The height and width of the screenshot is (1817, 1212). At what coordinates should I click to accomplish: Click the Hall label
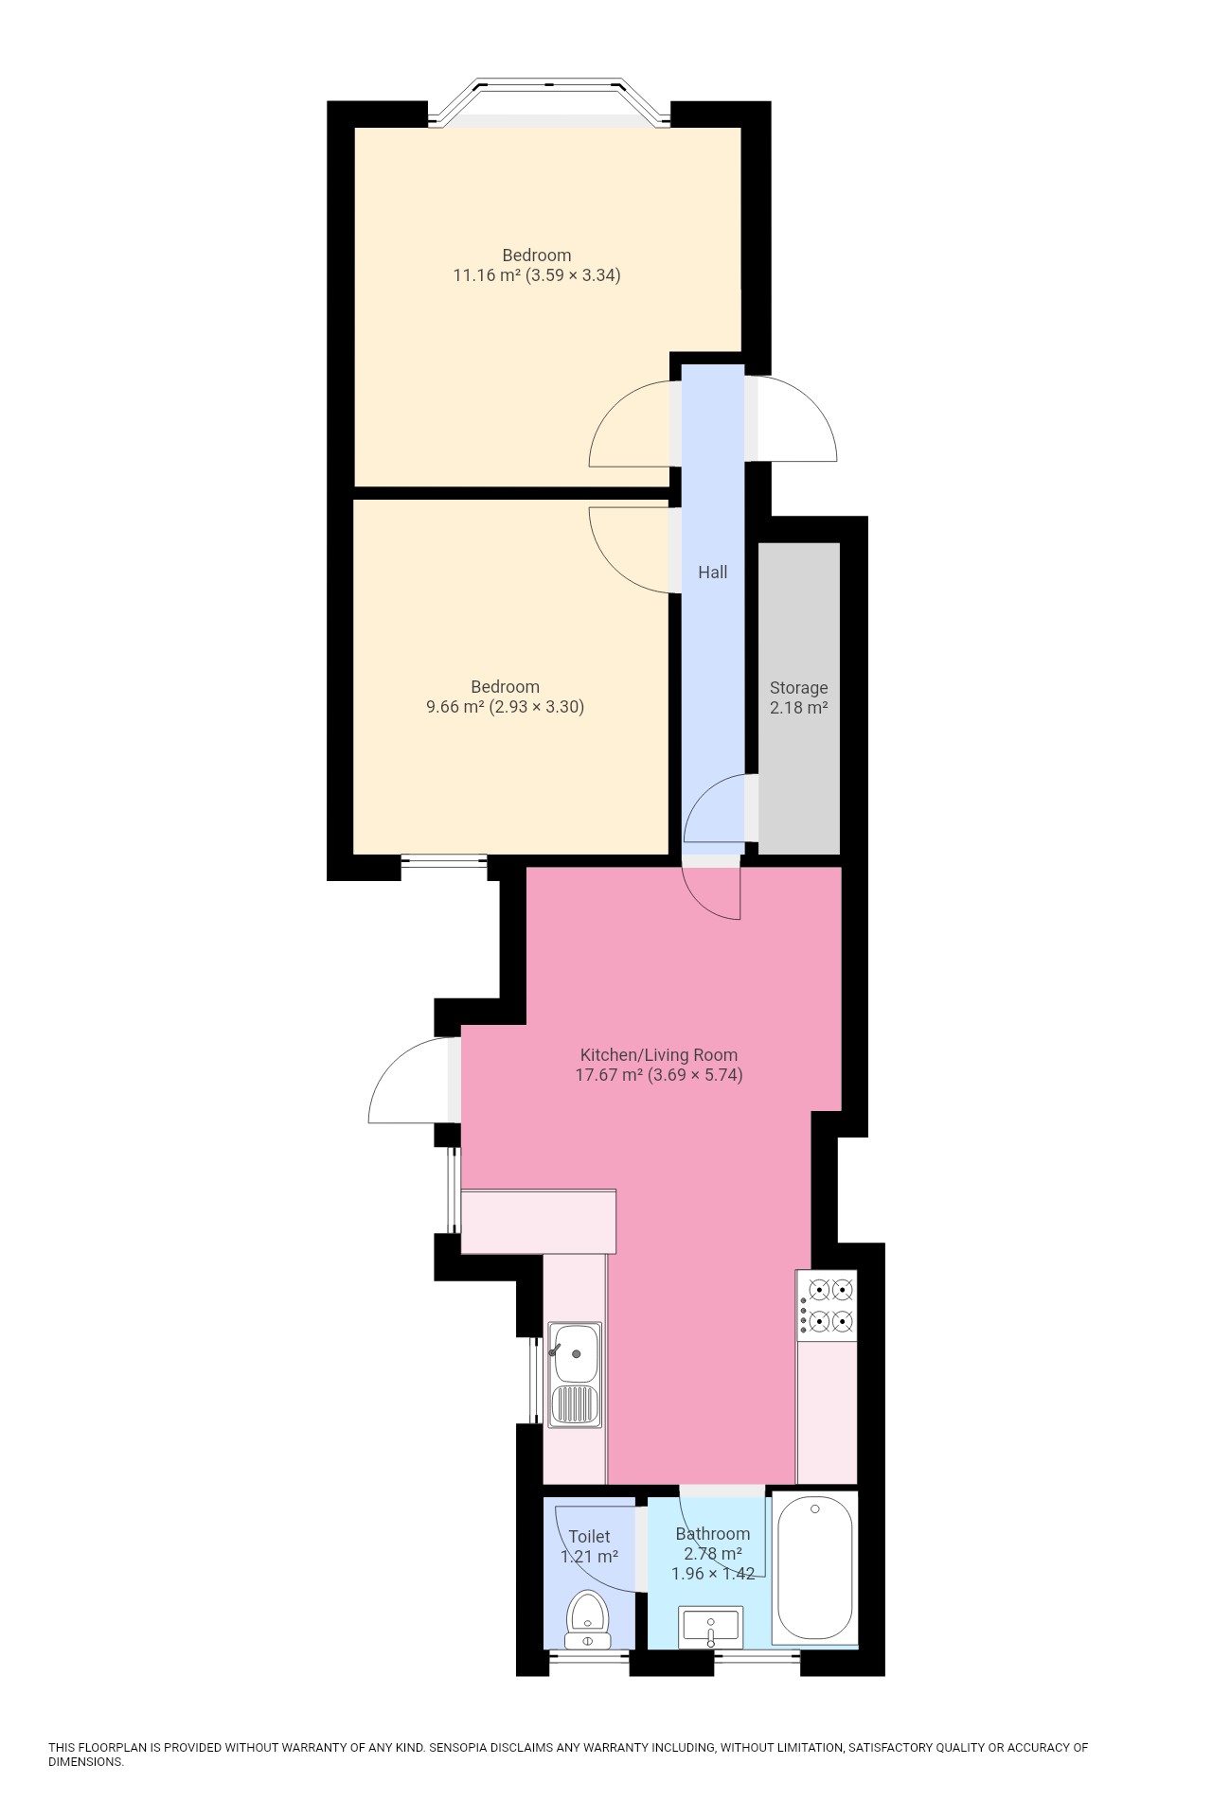point(712,572)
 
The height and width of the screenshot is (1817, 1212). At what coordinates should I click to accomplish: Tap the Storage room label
point(798,688)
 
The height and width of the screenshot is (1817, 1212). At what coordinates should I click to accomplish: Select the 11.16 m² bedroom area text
point(537,276)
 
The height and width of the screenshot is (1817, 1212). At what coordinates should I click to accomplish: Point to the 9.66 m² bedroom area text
point(505,707)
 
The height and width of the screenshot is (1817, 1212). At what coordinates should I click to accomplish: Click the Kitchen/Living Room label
point(658,1054)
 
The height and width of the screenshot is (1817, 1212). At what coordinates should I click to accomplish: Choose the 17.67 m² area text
point(658,1075)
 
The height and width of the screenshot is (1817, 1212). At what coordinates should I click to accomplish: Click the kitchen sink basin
point(575,1352)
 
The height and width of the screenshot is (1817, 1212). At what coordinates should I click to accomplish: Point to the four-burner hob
point(827,1305)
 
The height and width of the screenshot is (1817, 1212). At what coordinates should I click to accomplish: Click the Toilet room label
point(589,1536)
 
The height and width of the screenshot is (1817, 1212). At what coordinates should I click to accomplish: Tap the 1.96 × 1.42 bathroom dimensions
point(712,1574)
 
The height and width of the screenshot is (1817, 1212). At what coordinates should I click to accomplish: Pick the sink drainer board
point(575,1404)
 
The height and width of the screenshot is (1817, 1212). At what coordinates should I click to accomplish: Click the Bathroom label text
point(712,1533)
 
